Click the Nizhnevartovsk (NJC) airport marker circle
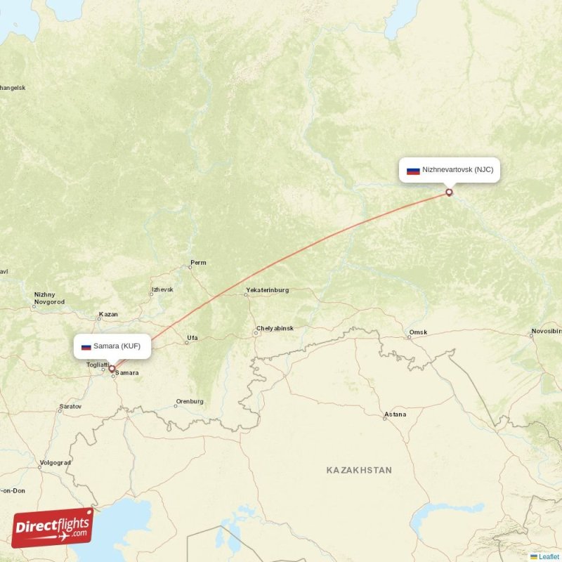click(450, 192)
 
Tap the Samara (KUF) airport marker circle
click(111, 367)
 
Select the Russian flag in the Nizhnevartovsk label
click(413, 170)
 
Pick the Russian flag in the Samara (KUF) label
click(86, 346)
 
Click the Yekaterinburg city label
click(267, 290)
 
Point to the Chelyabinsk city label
click(275, 328)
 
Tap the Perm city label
click(199, 263)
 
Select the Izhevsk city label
click(162, 289)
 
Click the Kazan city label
click(108, 314)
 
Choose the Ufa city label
click(192, 338)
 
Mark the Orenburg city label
click(189, 402)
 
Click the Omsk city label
click(417, 332)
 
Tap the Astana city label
click(395, 414)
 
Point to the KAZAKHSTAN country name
click(359, 469)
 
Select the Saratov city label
click(71, 407)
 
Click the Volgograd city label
click(55, 463)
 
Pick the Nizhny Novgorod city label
click(48, 298)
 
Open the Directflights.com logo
click(53, 528)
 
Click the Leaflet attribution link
click(549, 556)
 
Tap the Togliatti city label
click(96, 365)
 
